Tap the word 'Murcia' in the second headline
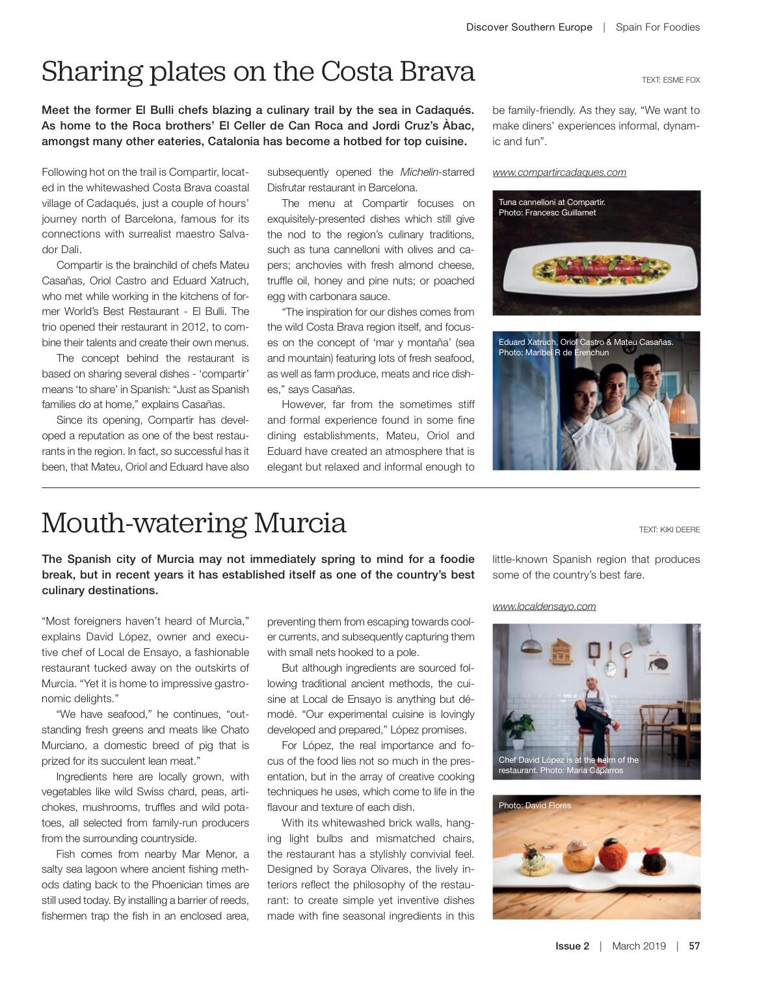coord(300,523)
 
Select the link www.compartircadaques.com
coord(559,172)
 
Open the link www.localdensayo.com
coord(544,607)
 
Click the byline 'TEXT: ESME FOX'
coord(670,80)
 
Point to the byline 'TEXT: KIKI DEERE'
coord(669,530)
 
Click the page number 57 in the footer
coord(694,946)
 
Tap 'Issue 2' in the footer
coord(572,946)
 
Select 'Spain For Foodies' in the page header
coord(657,27)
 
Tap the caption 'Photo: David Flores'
coord(535,806)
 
